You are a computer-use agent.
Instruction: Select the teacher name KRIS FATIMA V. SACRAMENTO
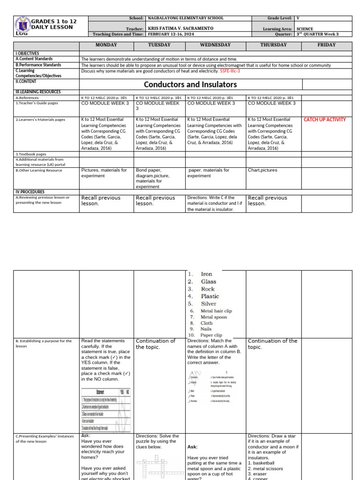tap(180, 29)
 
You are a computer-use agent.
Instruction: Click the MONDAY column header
tap(106, 45)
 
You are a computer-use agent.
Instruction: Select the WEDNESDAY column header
tap(216, 45)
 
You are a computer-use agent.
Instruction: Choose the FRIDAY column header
tap(326, 45)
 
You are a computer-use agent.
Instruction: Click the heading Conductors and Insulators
tap(190, 85)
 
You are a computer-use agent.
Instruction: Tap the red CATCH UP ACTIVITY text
tap(325, 120)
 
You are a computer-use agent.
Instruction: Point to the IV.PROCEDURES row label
tap(30, 192)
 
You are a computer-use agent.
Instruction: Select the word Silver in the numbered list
tap(209, 304)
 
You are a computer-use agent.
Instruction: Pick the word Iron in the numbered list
tap(206, 274)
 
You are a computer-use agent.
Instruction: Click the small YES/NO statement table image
tap(106, 410)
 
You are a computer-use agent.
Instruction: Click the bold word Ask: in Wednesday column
tap(194, 447)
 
